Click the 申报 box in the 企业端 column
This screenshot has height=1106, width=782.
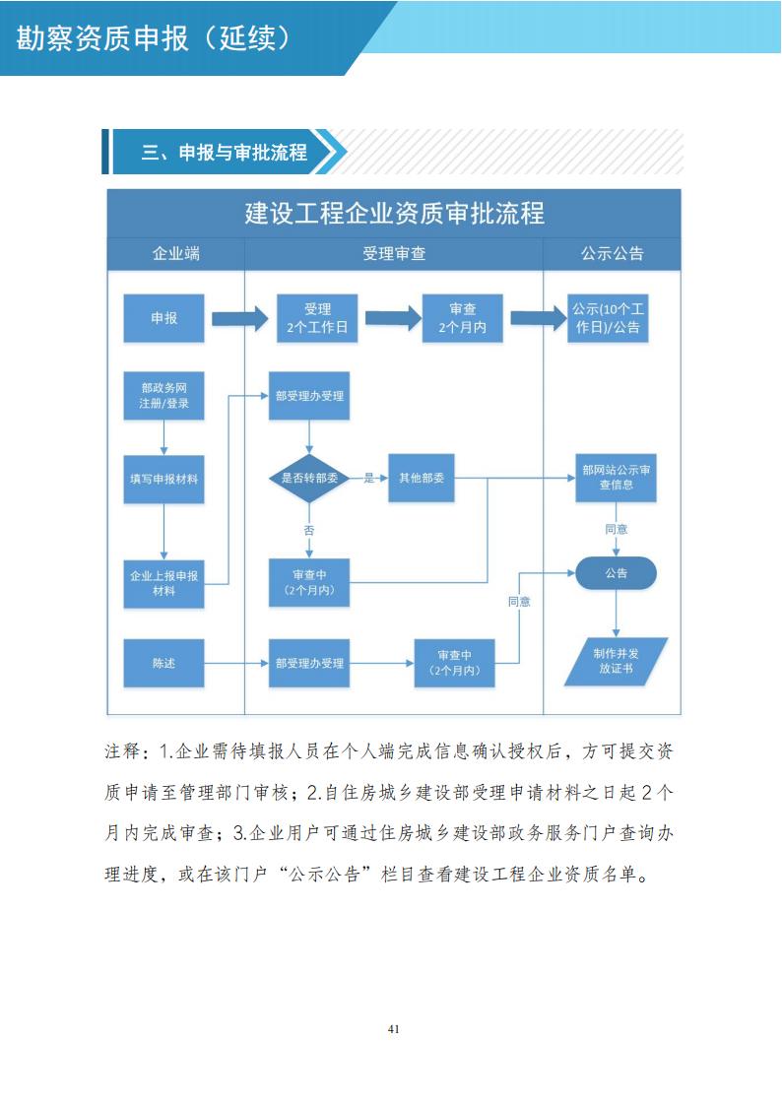[163, 318]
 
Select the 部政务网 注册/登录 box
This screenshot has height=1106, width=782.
[163, 395]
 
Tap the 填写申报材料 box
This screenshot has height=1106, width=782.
[163, 479]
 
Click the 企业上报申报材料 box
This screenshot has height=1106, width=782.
[163, 583]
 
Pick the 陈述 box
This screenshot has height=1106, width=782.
[163, 663]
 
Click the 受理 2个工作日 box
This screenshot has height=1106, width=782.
[317, 318]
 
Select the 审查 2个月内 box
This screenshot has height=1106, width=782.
[462, 318]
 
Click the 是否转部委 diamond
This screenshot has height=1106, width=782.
[309, 478]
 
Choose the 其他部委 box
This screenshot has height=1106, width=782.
[422, 478]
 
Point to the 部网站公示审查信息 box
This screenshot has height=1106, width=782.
[616, 478]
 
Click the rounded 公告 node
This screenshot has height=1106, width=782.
[616, 572]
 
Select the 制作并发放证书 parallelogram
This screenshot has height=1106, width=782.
[616, 661]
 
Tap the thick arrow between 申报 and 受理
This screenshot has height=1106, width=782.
[239, 318]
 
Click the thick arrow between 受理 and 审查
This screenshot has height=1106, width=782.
[392, 318]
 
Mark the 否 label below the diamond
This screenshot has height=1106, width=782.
[309, 530]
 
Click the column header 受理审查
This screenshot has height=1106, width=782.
[394, 253]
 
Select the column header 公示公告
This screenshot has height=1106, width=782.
[612, 253]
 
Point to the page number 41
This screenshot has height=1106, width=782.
[394, 1029]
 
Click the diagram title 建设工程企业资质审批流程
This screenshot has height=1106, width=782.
[394, 213]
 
